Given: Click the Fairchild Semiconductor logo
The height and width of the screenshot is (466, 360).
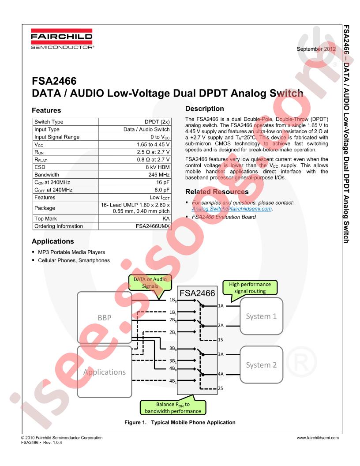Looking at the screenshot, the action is pyautogui.click(x=62, y=39).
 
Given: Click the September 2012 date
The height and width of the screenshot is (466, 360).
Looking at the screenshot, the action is pyautogui.click(x=316, y=49).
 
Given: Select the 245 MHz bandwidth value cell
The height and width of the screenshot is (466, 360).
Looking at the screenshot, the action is pyautogui.click(x=135, y=175).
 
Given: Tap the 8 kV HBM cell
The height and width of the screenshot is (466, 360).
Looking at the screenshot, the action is pyautogui.click(x=135, y=167).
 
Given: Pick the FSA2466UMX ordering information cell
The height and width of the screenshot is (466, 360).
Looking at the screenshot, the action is pyautogui.click(x=135, y=226).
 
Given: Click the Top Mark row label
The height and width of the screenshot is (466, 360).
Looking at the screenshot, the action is pyautogui.click(x=45, y=219).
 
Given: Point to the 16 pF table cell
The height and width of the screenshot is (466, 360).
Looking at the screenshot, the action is pyautogui.click(x=135, y=182).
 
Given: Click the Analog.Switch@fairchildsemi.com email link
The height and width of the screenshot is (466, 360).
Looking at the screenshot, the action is pyautogui.click(x=232, y=209).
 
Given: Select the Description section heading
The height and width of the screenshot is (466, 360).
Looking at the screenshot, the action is pyautogui.click(x=204, y=109).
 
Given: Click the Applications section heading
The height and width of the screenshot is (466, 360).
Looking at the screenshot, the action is pyautogui.click(x=53, y=241).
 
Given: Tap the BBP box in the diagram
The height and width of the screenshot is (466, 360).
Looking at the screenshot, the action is pyautogui.click(x=104, y=317).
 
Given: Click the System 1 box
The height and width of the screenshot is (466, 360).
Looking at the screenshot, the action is pyautogui.click(x=261, y=316).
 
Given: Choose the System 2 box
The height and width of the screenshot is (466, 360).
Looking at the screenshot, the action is pyautogui.click(x=261, y=365).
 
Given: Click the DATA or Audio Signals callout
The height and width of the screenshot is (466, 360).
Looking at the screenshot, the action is pyautogui.click(x=150, y=282).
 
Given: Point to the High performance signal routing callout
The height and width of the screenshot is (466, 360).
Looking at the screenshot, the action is pyautogui.click(x=250, y=288).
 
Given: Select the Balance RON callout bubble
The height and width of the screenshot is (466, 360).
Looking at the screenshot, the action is pyautogui.click(x=173, y=408).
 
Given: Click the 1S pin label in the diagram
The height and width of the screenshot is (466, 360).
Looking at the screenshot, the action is pyautogui.click(x=221, y=340).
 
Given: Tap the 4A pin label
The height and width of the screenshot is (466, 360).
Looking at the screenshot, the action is pyautogui.click(x=221, y=374).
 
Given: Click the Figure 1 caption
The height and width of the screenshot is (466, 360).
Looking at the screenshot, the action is pyautogui.click(x=180, y=422).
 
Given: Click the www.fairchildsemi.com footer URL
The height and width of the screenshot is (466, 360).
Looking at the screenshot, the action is pyautogui.click(x=318, y=438).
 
